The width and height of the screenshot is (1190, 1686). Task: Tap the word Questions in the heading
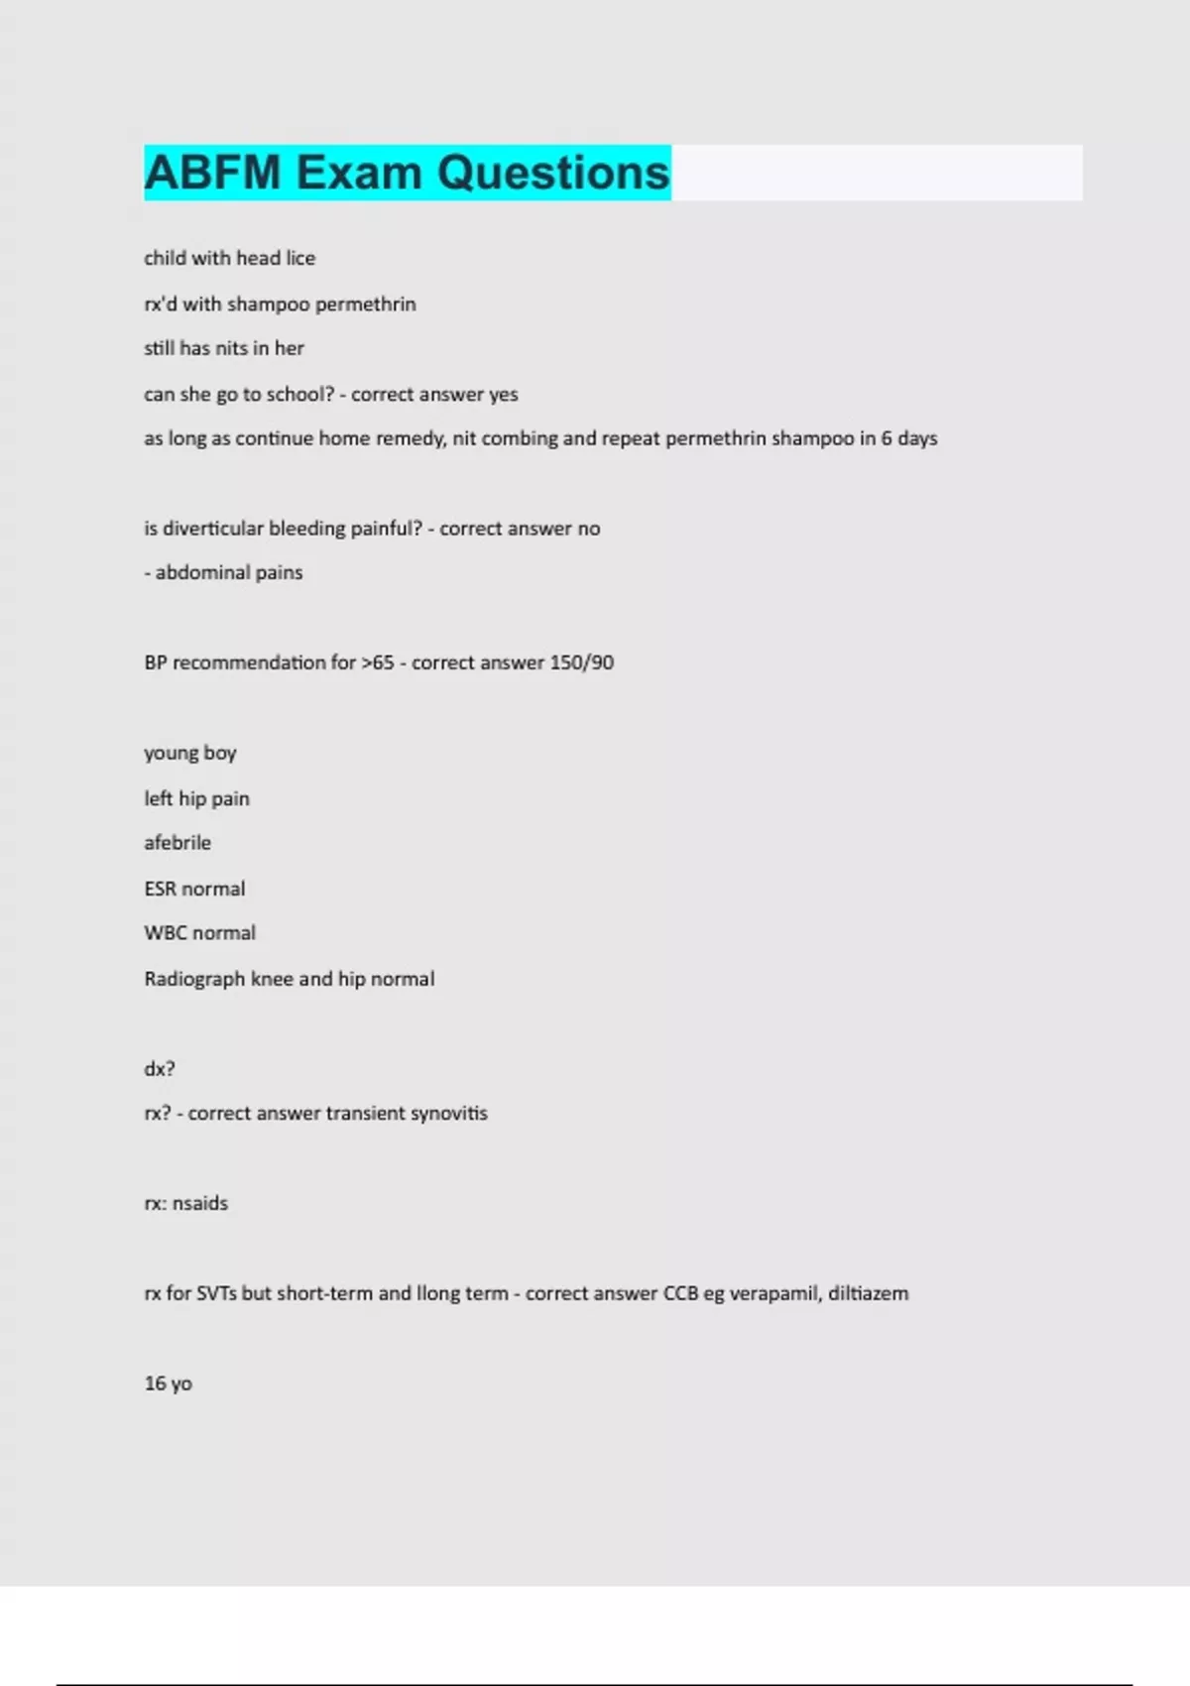[553, 173]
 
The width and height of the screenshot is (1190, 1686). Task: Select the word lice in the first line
[300, 258]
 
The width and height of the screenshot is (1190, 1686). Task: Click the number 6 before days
[887, 438]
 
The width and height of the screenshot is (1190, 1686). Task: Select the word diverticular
[213, 529]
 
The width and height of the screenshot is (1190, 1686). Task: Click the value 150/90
[581, 662]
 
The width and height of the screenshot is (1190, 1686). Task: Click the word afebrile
[178, 843]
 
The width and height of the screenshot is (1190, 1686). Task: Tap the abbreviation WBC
[164, 933]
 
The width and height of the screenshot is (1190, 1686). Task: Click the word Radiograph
[194, 979]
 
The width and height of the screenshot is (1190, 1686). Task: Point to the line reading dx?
[160, 1069]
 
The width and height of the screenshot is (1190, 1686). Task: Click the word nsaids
[200, 1204]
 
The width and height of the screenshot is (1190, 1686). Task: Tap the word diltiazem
[869, 1293]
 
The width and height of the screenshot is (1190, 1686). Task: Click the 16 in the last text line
[155, 1384]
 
